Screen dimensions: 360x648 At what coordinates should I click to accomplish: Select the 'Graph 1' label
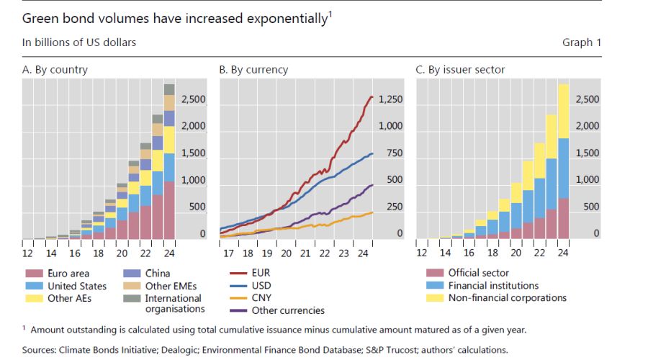582,42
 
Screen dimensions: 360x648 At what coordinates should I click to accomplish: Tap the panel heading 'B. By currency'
253,70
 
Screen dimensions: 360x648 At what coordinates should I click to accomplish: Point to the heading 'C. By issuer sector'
461,70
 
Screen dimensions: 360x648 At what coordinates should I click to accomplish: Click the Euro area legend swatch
32,274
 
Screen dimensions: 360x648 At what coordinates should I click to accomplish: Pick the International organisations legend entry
173,303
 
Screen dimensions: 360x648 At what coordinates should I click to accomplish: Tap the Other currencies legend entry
288,310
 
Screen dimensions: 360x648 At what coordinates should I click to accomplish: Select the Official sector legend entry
478,274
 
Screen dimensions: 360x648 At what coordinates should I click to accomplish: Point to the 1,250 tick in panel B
390,99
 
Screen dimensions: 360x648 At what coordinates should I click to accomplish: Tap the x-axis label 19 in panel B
266,253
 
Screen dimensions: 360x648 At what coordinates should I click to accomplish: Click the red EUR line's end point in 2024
372,96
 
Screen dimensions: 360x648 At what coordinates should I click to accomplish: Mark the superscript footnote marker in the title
330,13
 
